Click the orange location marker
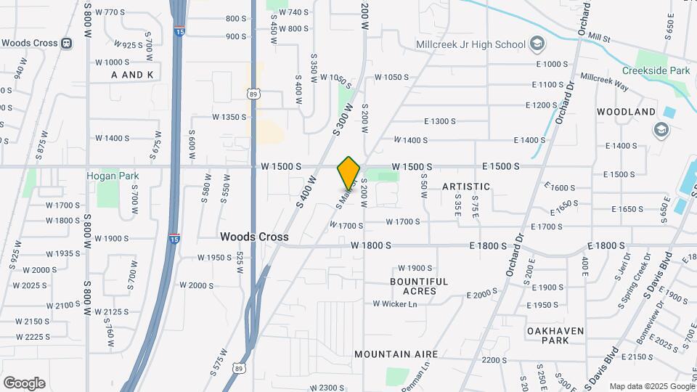[x=348, y=173]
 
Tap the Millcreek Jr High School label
[x=470, y=44]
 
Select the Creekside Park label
[x=656, y=70]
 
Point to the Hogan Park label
[x=113, y=176]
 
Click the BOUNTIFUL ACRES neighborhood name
[x=419, y=286]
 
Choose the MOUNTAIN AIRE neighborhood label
[x=396, y=354]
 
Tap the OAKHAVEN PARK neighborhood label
[x=555, y=335]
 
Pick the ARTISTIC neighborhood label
[x=466, y=187]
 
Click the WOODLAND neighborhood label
[x=626, y=112]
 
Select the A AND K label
[x=133, y=75]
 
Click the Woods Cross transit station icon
[x=67, y=43]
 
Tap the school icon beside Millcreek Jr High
[x=537, y=44]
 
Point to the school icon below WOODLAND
[x=661, y=130]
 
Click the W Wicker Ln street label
[x=396, y=303]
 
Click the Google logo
[x=24, y=383]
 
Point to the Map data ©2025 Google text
[x=651, y=386]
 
